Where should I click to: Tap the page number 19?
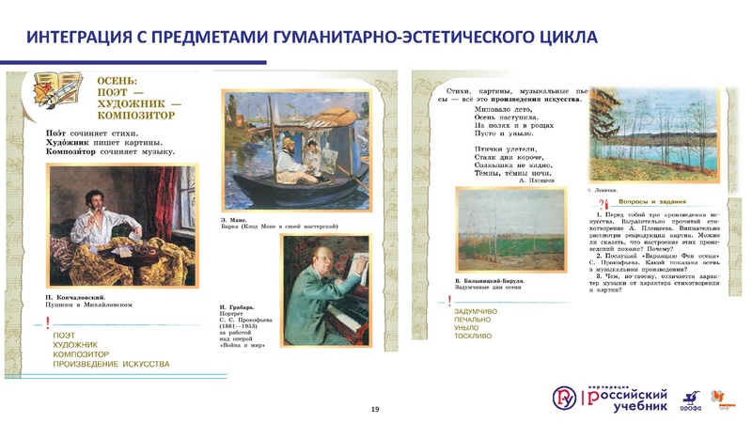tap(375, 410)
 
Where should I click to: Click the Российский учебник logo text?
tap(628, 400)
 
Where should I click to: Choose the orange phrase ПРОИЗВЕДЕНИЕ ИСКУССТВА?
tap(112, 363)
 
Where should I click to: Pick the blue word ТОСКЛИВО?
tap(473, 336)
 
